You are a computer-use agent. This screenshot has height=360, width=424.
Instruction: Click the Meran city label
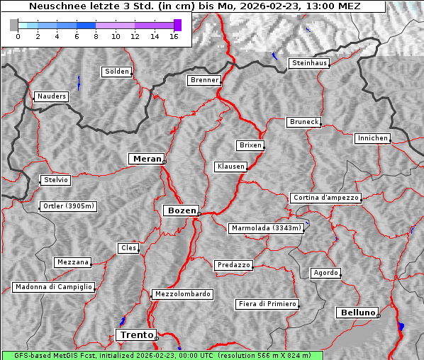147,159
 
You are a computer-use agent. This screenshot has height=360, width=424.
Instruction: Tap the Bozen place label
180,210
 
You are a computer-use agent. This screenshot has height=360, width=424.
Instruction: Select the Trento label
135,334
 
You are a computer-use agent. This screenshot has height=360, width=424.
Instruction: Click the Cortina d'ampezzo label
325,198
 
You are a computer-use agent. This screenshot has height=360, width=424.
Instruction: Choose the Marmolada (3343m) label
267,228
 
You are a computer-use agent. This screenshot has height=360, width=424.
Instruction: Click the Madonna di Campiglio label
53,287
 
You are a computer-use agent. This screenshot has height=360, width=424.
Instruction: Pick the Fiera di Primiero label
267,304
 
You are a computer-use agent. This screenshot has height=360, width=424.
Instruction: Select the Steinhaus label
310,63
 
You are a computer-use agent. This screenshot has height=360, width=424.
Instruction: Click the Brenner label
204,80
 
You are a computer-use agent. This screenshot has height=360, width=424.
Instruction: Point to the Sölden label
117,72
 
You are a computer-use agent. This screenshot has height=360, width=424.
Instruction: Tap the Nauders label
50,96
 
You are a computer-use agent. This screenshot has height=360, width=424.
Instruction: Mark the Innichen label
372,138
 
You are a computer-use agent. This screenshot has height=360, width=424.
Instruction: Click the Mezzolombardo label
182,293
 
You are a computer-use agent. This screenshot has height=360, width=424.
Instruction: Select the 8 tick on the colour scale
96,36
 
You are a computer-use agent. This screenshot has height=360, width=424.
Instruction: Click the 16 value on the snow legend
174,36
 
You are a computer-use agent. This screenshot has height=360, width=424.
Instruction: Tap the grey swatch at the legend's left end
14,25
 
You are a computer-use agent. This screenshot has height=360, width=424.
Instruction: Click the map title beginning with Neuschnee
194,6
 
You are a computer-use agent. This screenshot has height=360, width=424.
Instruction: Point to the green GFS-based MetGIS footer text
162,355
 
